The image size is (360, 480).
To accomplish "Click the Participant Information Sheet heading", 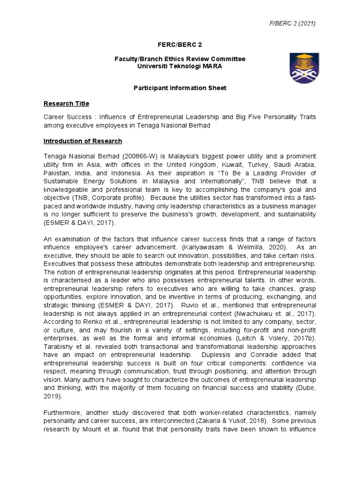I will [180, 88].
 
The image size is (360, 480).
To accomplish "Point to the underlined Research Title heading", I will [66, 103].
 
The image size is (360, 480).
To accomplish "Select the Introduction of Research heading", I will [83, 141].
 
